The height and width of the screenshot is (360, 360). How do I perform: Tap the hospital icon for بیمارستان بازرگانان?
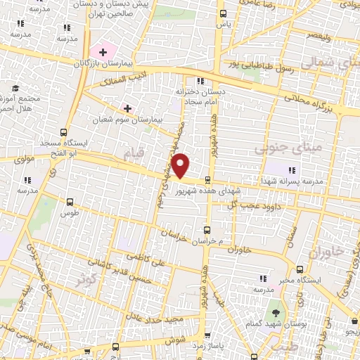103,51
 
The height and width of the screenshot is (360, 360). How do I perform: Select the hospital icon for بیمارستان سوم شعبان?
128,108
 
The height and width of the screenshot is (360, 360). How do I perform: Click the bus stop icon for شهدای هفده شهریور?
208,180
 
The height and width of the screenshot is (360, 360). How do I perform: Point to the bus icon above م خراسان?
206,230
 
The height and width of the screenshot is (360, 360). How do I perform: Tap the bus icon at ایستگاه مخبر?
302,269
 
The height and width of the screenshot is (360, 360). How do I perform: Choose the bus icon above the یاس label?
223,13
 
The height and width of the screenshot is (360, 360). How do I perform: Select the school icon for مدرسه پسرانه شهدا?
291,169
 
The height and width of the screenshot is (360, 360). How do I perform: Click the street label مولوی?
24,160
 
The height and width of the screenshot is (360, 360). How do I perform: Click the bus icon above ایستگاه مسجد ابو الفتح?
64,131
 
